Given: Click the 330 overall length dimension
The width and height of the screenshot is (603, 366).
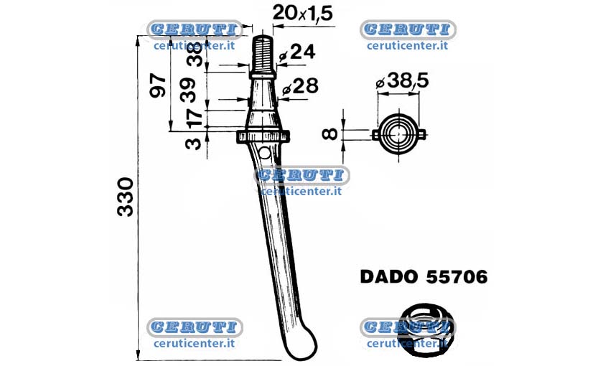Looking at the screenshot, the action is coord(126,197).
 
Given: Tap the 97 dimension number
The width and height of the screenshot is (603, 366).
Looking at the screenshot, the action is coord(158,86).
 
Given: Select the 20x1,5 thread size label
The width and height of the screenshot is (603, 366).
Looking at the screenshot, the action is coord(302,14).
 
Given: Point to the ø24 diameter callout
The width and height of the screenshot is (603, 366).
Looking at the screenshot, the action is coord(297,52).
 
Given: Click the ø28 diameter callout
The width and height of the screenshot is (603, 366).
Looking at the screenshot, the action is coord(300,87).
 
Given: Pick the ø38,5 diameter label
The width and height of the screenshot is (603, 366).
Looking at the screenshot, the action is coord(402,80).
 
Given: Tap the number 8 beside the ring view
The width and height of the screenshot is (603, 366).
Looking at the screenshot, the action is coord(330,133).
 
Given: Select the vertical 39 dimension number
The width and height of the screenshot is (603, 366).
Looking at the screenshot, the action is coord(189,89).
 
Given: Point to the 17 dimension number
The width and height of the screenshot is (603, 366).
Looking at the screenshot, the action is coord(195,118).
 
